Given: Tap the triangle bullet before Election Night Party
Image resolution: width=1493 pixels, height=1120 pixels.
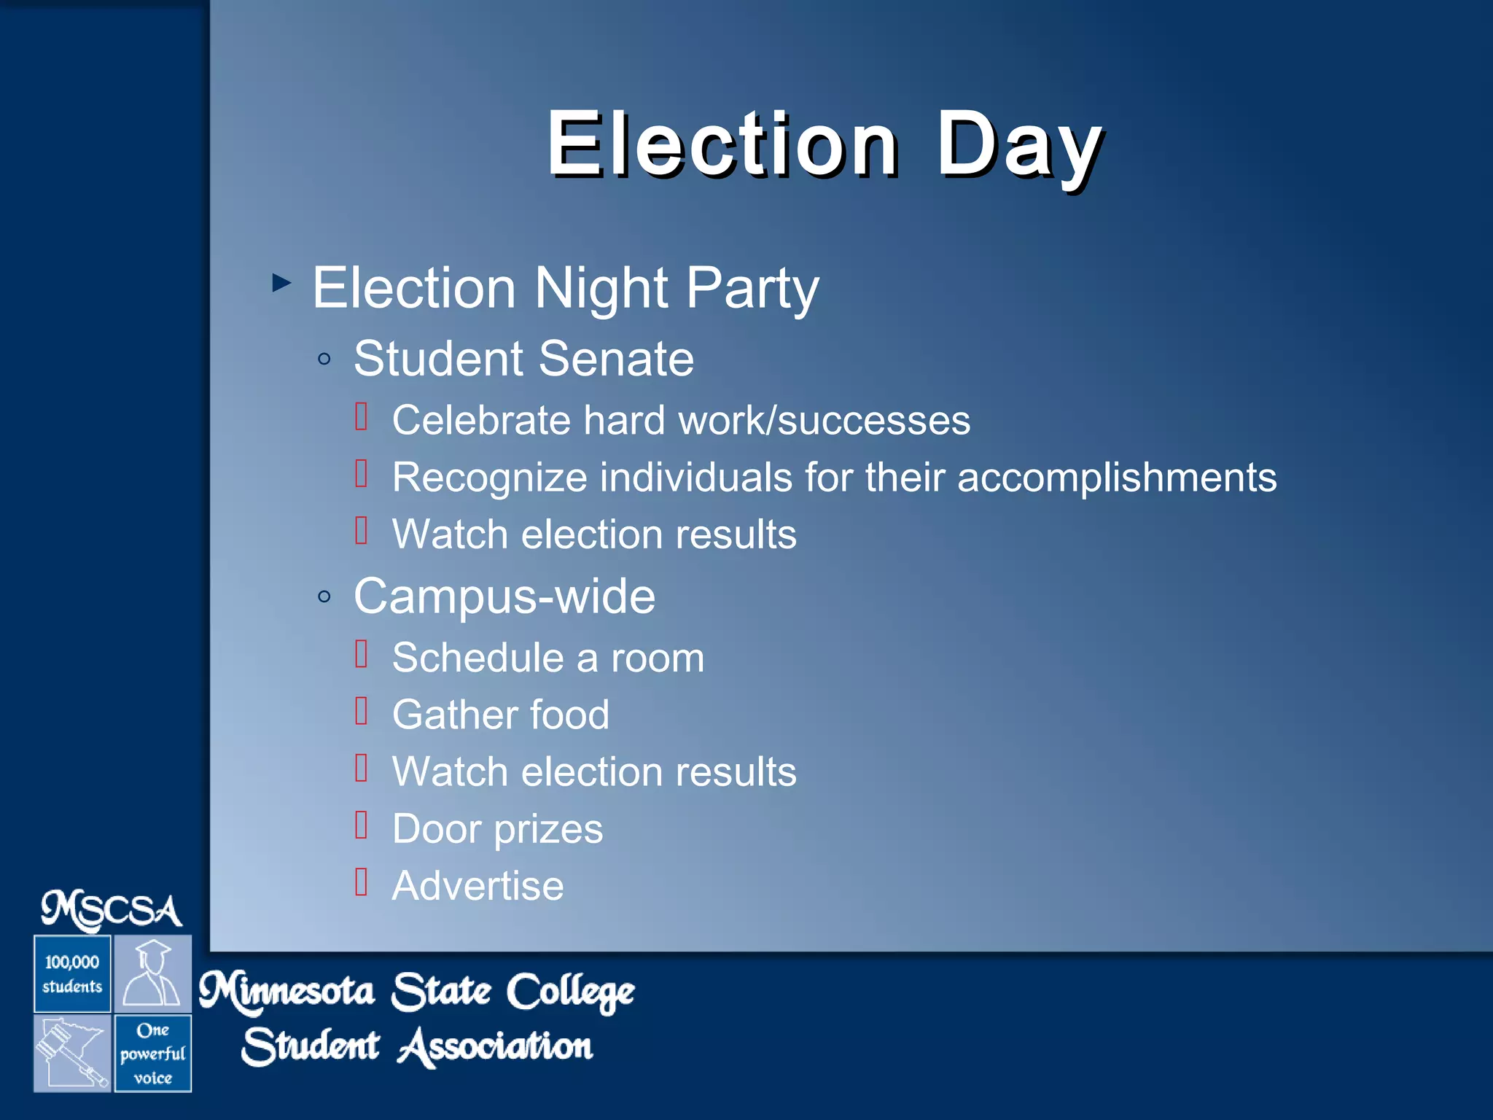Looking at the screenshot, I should pos(281,282).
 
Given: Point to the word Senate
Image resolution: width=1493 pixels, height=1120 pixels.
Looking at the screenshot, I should pos(616,359).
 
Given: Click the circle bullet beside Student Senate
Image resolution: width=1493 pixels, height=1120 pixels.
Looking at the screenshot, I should pos(324,359).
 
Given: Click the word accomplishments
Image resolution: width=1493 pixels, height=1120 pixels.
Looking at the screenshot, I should pos(1116,478).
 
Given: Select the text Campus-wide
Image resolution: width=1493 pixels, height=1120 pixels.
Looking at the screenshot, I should pos(504,596).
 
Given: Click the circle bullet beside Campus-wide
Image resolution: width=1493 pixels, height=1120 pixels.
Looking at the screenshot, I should pos(324,596).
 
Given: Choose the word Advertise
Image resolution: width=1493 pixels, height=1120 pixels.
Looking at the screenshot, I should pos(477,886).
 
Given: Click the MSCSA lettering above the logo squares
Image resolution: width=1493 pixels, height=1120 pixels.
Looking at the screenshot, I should pos(112,910).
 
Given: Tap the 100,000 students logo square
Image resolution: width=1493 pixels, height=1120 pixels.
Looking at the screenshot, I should pos(72,974).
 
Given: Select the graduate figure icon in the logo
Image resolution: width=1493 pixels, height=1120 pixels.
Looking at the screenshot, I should pos(152,973).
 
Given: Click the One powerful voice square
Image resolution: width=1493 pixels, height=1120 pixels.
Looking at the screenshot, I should pos(152,1054).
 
